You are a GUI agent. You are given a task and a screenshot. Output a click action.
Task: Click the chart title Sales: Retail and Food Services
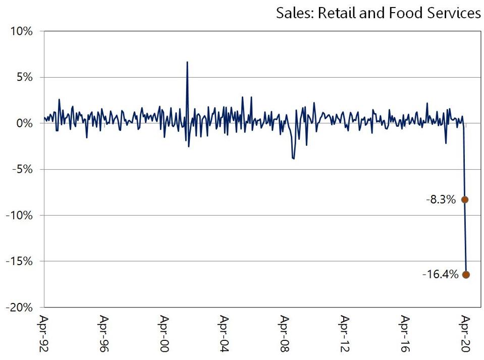(x=378, y=14)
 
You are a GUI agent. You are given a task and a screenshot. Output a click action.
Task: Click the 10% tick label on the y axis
(x=21, y=31)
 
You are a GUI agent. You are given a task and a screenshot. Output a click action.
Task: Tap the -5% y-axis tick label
(x=22, y=169)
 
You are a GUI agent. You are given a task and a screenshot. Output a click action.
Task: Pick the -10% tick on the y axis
(x=19, y=215)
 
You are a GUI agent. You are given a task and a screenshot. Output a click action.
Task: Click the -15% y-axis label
(x=19, y=261)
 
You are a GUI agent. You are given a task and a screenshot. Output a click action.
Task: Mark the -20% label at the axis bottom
(x=19, y=307)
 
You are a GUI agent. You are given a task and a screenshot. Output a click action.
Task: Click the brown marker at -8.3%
(x=465, y=200)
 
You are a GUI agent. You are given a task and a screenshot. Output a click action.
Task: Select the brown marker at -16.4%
(x=466, y=275)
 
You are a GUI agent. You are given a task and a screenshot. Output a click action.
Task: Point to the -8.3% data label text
(x=441, y=200)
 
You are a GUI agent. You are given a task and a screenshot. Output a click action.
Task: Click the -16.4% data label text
(x=441, y=275)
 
